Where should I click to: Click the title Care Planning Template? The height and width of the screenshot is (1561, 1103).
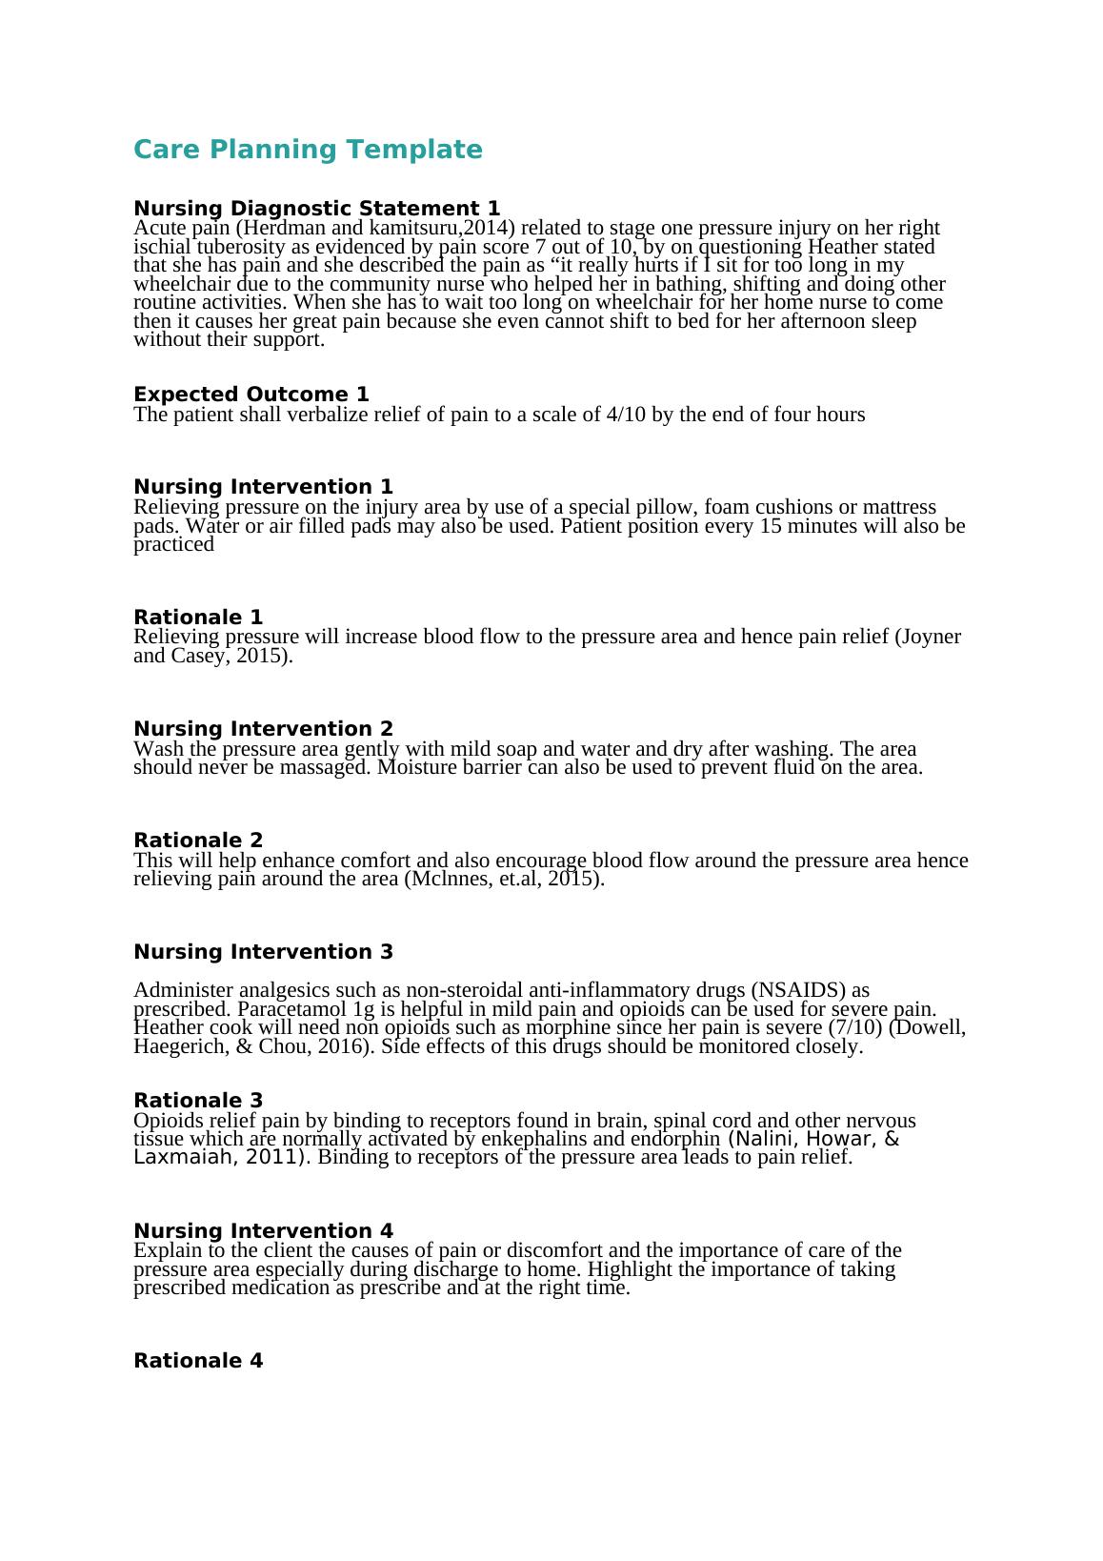pyautogui.click(x=308, y=150)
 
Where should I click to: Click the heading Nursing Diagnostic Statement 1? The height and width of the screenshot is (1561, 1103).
pyautogui.click(x=316, y=208)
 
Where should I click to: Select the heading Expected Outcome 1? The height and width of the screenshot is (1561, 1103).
pyautogui.click(x=251, y=394)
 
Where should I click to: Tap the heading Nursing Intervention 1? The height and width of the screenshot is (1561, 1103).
pyautogui.click(x=263, y=487)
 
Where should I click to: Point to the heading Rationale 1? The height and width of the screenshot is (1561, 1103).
pyautogui.click(x=198, y=617)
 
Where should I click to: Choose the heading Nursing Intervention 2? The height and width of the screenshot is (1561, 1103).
pyautogui.click(x=263, y=729)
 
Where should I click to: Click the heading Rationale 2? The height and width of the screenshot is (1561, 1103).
pyautogui.click(x=198, y=840)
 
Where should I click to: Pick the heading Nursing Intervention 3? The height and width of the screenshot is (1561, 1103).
pyautogui.click(x=263, y=951)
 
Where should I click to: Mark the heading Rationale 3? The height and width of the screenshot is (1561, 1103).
pyautogui.click(x=198, y=1100)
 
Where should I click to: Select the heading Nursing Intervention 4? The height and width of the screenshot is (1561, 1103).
pyautogui.click(x=263, y=1230)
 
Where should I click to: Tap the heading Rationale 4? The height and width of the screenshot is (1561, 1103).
pyautogui.click(x=198, y=1360)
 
